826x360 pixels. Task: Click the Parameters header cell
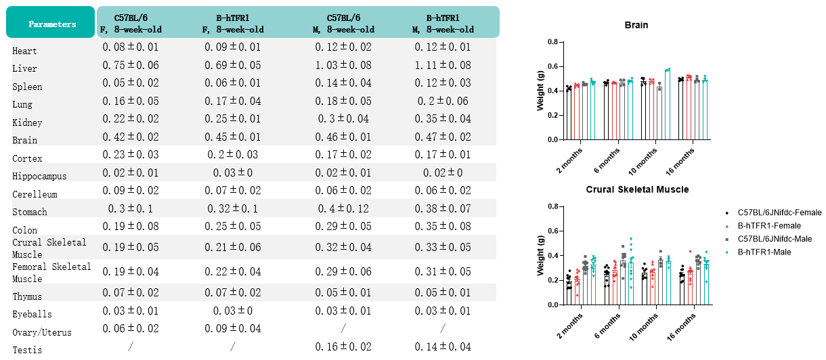51,24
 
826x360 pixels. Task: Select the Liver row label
25,68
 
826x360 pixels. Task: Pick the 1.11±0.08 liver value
443,66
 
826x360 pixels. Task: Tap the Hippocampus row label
39,176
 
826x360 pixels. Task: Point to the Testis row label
26,350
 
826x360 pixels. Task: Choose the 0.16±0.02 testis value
343,347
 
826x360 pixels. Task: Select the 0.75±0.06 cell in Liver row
131,66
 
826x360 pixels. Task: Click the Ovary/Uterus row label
41,332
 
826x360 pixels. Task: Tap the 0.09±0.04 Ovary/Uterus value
233,329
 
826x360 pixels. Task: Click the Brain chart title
636,25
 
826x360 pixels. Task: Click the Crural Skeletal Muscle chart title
637,189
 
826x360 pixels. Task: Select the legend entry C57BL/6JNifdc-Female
779,212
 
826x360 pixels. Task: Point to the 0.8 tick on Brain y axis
552,42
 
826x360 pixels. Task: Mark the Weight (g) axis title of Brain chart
540,91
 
